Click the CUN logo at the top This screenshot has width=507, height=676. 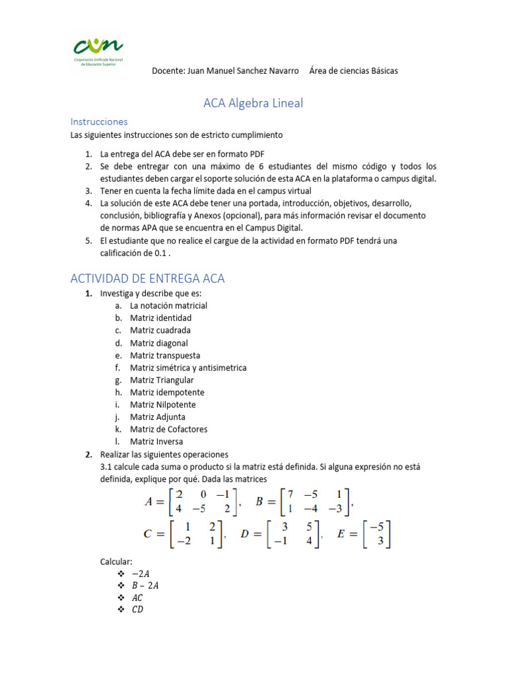tap(97, 50)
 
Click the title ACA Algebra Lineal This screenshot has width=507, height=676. tap(252, 103)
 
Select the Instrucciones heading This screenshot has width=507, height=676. tap(99, 122)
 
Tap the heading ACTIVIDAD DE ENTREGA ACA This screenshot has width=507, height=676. tap(148, 279)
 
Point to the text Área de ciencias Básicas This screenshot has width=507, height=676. tap(353, 71)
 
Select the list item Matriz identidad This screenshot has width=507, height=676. tap(160, 318)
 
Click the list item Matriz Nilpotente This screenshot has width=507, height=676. tap(162, 405)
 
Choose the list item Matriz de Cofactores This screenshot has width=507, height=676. tap(168, 429)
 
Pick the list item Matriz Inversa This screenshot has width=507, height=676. tap(156, 442)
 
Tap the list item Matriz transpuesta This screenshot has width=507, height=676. tap(165, 355)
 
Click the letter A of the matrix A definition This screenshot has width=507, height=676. tap(150, 502)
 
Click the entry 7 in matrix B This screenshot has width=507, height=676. tap(290, 494)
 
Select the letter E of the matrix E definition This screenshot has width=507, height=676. tap(341, 535)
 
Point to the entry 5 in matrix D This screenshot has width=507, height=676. tap(308, 527)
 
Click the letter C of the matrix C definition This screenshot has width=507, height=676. tap(149, 535)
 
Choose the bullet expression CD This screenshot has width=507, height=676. tap(137, 609)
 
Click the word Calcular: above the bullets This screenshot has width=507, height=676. tap(116, 561)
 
